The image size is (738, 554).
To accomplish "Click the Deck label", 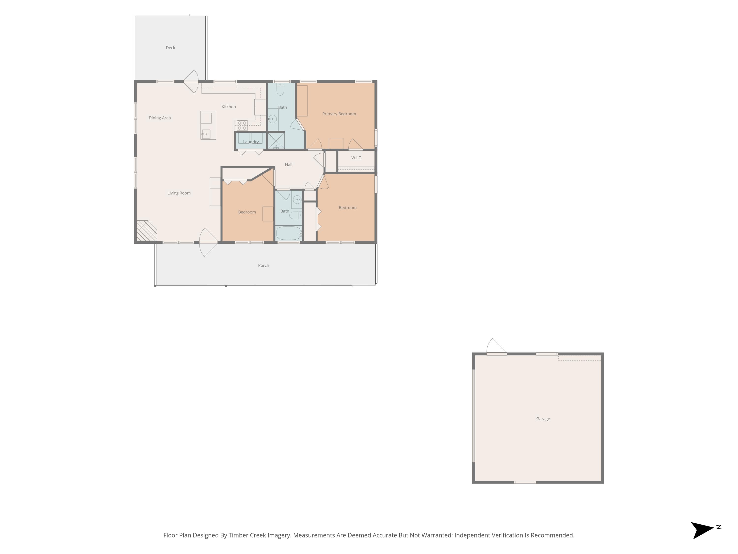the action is (170, 48).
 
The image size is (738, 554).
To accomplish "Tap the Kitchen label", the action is (229, 107).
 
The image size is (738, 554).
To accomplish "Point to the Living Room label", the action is (179, 193).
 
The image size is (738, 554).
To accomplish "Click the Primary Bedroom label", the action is (339, 114).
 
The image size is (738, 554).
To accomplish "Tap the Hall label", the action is (289, 165).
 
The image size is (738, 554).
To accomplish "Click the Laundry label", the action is (251, 142).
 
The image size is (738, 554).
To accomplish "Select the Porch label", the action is (263, 265).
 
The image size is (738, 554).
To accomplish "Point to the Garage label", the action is (543, 419).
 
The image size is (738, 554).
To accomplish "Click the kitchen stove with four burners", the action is (242, 126).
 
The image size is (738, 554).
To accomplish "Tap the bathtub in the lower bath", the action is (289, 233).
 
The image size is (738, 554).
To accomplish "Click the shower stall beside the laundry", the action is (276, 141).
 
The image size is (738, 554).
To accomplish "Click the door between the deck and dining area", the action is (191, 81).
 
